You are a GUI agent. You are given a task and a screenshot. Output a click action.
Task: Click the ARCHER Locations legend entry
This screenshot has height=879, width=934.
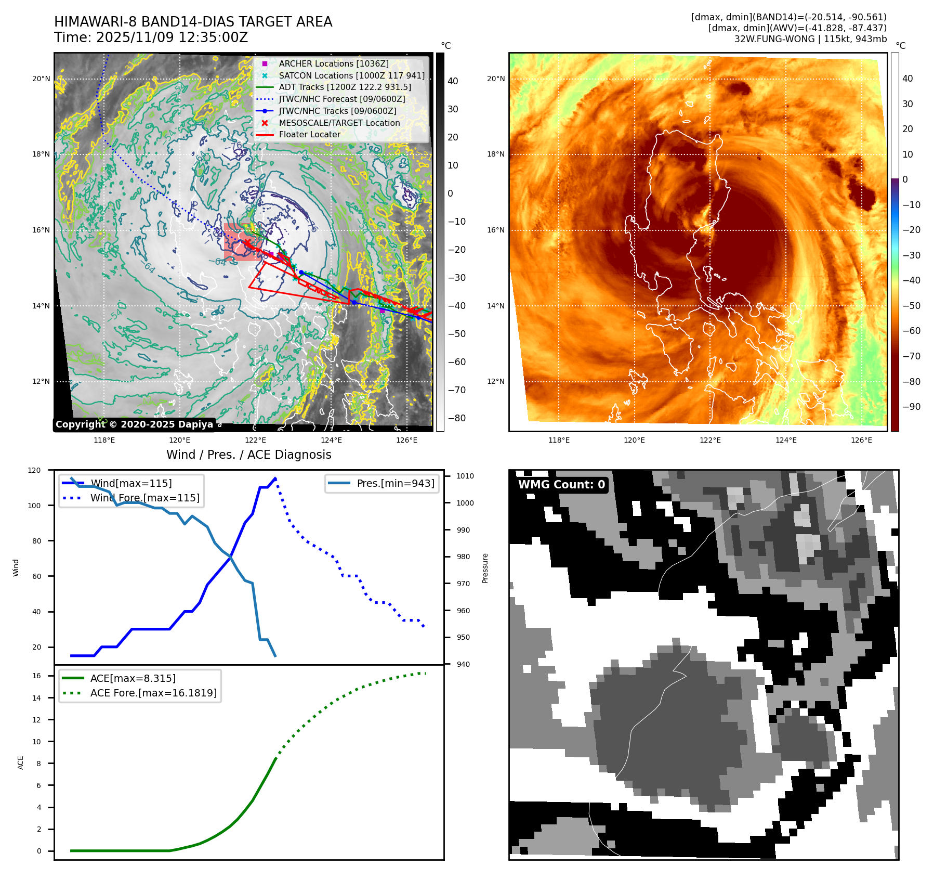[x=333, y=63]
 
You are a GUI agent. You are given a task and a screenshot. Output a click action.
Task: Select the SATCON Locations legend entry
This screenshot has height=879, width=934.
[x=351, y=75]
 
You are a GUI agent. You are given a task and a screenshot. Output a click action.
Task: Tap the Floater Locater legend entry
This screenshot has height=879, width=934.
[x=309, y=134]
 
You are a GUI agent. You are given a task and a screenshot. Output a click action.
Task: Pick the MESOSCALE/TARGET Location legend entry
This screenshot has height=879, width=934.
[x=339, y=123]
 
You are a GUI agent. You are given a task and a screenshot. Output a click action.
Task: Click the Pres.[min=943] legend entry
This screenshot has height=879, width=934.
[x=395, y=483]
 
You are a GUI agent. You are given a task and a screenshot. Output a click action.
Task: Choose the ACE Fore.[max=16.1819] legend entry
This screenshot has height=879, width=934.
[x=153, y=693]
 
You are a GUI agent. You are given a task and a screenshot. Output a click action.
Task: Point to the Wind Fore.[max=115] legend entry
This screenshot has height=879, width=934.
[x=144, y=498]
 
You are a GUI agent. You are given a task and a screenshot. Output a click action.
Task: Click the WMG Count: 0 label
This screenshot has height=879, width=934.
[x=561, y=485]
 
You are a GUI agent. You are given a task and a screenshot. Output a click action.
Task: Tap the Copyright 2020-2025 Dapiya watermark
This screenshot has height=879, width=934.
[x=134, y=424]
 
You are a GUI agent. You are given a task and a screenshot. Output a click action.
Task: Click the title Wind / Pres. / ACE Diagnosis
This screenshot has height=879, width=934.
[x=248, y=455]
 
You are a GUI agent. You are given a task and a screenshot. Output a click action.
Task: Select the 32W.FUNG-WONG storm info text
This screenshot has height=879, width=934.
[x=810, y=39]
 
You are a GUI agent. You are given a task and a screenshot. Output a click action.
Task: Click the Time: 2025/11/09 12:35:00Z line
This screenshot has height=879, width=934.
[x=151, y=37]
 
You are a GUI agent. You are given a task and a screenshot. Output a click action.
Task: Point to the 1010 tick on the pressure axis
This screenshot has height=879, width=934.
[x=465, y=476]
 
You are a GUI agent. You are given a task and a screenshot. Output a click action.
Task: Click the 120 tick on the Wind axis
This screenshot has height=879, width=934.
[x=34, y=470]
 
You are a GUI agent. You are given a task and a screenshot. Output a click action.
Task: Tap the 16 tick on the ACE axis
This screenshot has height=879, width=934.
[x=36, y=676]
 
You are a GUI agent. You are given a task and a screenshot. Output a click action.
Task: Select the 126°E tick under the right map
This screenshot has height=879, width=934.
[x=861, y=440]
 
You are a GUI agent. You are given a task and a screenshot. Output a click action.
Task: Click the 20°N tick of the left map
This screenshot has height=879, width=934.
[x=41, y=79]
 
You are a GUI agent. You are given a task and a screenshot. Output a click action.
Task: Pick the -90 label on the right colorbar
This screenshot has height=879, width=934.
[x=911, y=407]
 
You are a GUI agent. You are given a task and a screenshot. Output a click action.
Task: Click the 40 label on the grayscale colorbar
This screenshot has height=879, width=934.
[x=453, y=81]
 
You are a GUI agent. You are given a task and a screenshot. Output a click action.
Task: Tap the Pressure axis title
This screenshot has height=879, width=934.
[x=485, y=568]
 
